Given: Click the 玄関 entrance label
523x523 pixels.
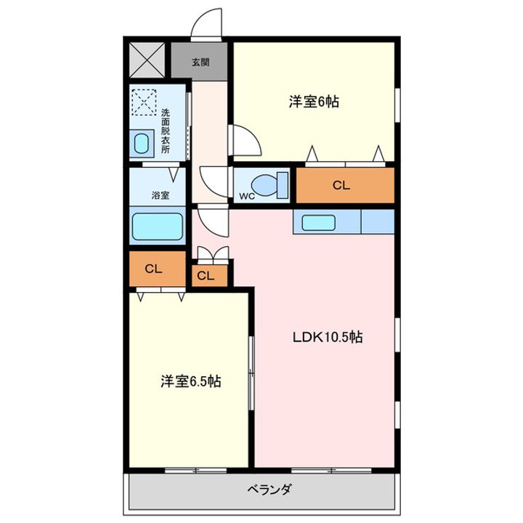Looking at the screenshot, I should pos(200,62).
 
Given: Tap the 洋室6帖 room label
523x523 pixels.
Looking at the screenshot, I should pos(313,102).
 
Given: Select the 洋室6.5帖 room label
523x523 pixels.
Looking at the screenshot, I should pos(191,381).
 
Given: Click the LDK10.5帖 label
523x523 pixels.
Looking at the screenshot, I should pos(328,337).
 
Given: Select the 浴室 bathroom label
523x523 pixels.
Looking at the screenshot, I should pos(160,195).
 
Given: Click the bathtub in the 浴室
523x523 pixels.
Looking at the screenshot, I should pos(157,227).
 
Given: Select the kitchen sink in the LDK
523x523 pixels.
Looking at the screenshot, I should pos(318,222).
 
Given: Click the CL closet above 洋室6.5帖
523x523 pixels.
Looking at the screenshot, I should pos(152,269).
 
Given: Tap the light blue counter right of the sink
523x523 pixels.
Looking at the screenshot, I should pos(377,221).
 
